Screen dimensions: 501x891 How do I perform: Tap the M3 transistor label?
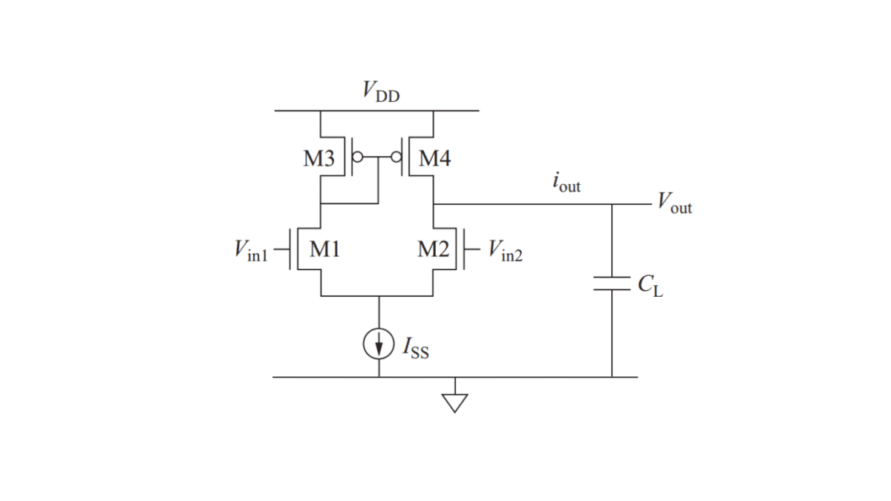(319, 158)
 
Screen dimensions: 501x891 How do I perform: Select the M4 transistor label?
(434, 158)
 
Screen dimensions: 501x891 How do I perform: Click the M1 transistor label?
(324, 250)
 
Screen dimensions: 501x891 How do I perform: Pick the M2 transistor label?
(433, 250)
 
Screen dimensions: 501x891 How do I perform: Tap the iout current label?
(567, 183)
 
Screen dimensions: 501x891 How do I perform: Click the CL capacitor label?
(650, 284)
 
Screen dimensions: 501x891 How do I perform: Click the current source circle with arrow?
(379, 343)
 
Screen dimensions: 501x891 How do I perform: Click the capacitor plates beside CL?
(612, 284)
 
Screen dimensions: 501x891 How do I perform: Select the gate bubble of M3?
(358, 157)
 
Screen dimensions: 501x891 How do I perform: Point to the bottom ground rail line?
(520, 377)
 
